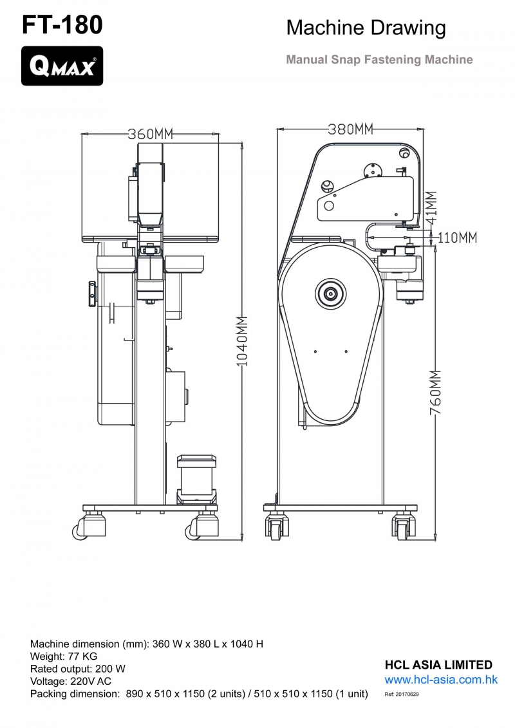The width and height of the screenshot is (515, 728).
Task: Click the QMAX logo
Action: [62, 66]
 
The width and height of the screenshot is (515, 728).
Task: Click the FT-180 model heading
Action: [62, 24]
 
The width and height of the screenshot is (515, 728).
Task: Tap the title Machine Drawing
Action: [366, 28]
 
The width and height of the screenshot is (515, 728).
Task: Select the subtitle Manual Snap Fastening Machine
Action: [379, 59]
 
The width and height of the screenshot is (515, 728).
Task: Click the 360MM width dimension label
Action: [151, 134]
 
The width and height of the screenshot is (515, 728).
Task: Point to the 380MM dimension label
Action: [351, 129]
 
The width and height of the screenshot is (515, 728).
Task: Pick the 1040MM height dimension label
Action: [243, 341]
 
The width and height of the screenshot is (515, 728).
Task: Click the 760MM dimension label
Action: [436, 392]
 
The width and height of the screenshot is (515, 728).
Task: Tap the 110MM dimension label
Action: [458, 238]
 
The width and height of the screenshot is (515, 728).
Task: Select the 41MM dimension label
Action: [431, 207]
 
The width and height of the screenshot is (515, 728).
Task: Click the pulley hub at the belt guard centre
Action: [331, 294]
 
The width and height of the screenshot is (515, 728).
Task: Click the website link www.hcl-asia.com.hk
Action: [441, 680]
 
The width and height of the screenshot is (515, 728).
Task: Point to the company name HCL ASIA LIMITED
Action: [438, 665]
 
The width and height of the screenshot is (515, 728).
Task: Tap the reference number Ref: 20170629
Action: [402, 695]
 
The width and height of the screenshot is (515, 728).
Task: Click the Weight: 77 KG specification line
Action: [64, 657]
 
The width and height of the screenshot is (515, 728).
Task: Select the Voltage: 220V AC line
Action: [71, 682]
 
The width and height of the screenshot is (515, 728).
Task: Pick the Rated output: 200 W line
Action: [77, 669]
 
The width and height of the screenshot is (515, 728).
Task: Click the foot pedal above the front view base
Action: [196, 479]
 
